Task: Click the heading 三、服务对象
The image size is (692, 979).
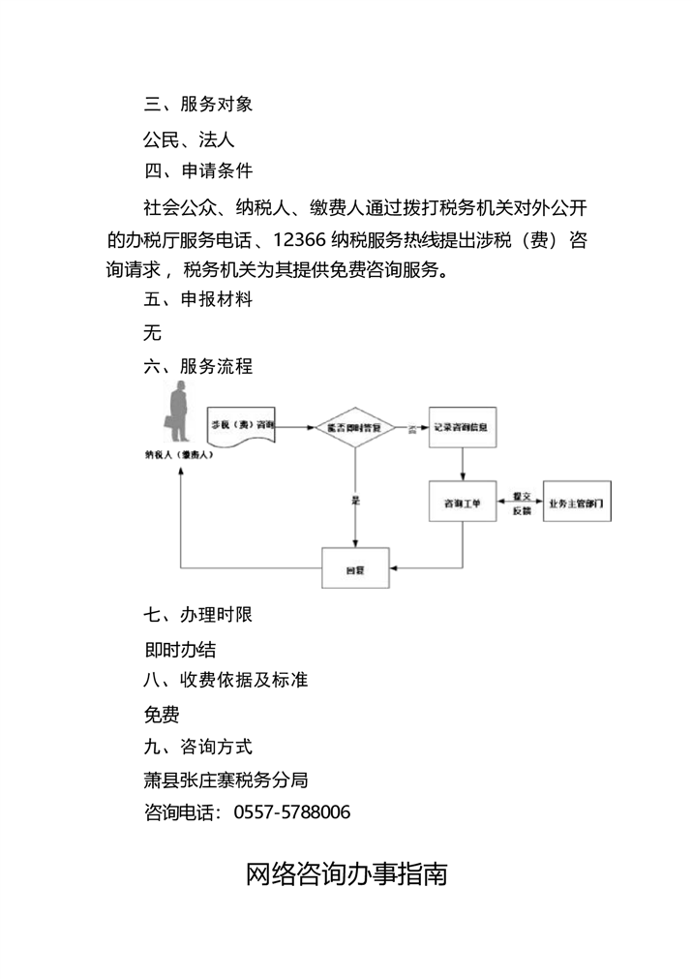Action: pos(198,105)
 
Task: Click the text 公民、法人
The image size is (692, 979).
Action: pos(190,139)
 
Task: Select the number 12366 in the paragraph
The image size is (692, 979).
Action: pos(302,239)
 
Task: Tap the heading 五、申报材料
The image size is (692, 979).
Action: pos(198,299)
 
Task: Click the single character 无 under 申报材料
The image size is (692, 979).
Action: pos(152,334)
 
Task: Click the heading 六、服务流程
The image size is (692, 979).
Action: pos(198,366)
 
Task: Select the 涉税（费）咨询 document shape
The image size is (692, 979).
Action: pos(242,426)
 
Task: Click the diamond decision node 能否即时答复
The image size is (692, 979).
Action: pos(354,426)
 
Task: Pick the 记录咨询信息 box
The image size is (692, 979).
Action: pos(462,426)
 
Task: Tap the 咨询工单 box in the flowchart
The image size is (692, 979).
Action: pos(462,504)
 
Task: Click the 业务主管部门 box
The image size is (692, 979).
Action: pos(577,504)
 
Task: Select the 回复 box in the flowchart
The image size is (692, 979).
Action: pos(354,566)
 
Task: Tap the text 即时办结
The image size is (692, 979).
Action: pos(180,649)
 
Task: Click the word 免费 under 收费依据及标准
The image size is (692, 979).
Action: pos(162,715)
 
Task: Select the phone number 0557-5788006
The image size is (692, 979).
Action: pos(292,811)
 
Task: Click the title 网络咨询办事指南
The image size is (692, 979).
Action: pos(346,873)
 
